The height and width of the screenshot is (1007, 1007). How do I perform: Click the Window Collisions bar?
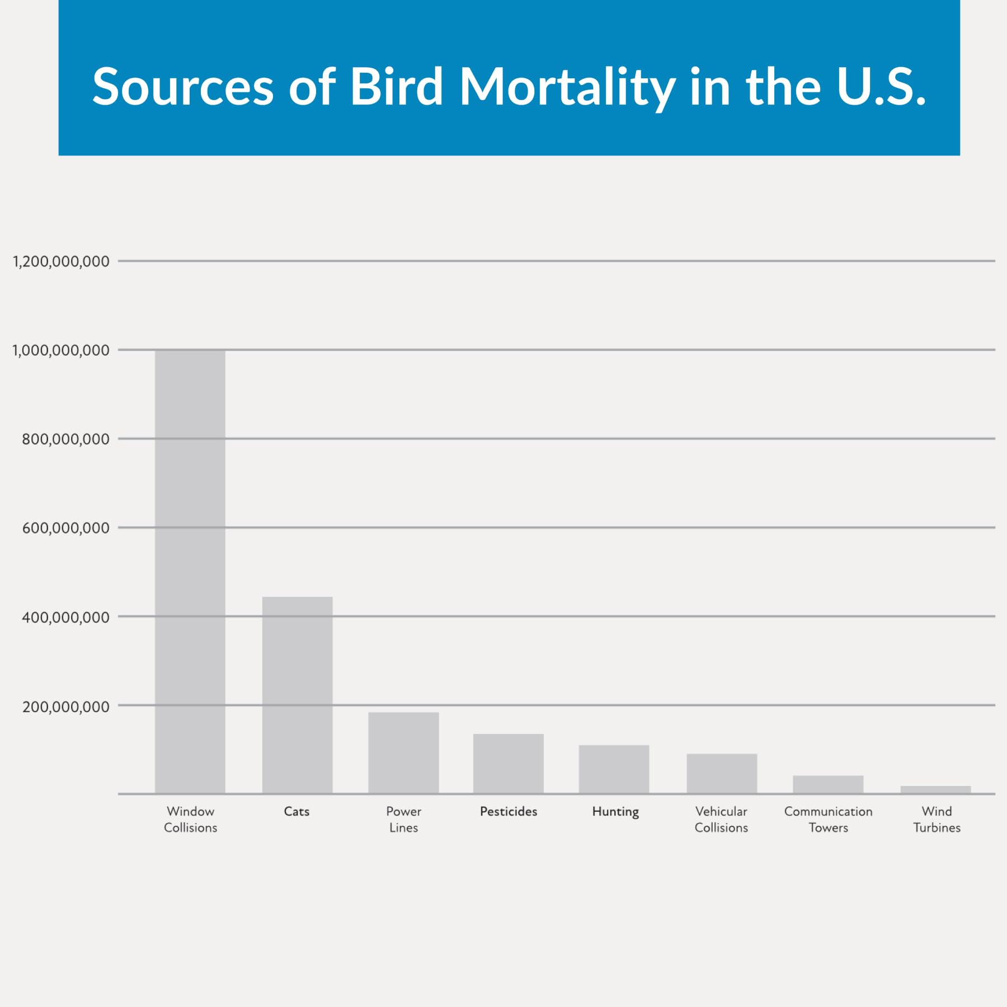(190, 571)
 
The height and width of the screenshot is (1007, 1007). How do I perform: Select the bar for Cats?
(297, 695)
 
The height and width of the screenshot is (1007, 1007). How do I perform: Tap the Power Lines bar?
(403, 752)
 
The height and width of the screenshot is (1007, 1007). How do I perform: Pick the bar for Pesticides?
(508, 763)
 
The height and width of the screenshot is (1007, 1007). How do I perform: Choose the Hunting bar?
(614, 769)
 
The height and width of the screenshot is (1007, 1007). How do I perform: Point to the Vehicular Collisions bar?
(722, 773)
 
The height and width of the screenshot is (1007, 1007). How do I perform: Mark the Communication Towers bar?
(828, 784)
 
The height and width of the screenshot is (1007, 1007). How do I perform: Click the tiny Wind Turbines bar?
(935, 789)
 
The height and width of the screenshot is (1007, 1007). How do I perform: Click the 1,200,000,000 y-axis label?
(61, 261)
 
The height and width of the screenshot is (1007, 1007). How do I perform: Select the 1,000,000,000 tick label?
(61, 350)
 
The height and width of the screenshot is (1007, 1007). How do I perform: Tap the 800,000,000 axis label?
(65, 439)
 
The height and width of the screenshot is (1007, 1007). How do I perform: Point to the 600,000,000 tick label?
(65, 528)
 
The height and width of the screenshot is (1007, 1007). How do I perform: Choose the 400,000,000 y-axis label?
(65, 617)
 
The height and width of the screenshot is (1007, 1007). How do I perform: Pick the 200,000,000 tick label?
(65, 707)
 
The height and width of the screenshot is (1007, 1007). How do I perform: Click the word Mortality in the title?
(567, 87)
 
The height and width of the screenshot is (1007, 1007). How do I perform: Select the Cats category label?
(297, 811)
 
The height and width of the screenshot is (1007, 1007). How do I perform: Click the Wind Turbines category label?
(937, 819)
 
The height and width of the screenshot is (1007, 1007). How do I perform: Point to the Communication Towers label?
(828, 819)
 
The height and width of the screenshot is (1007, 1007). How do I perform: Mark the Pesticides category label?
(508, 811)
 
